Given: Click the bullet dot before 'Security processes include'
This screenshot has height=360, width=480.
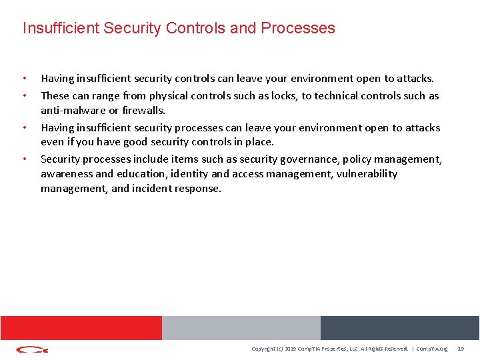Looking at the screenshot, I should point(25,159).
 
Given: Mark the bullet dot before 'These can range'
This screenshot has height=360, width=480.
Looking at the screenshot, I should point(25,95).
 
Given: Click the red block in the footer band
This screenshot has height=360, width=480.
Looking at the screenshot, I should point(81,327).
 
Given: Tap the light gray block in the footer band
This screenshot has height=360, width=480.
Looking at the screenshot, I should point(241,327).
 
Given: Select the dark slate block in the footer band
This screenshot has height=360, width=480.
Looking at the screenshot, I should point(399,327).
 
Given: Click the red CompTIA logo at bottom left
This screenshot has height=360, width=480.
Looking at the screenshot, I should point(32,349).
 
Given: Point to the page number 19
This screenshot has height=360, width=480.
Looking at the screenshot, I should point(460,349).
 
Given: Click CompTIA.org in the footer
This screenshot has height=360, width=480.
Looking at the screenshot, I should point(433,349).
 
